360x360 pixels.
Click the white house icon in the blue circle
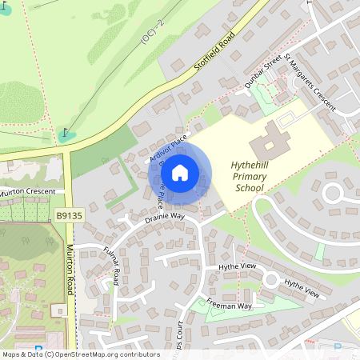(180, 172)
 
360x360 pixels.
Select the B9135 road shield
(70, 215)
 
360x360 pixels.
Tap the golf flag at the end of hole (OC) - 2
(66, 132)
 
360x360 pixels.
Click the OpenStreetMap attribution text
(80, 354)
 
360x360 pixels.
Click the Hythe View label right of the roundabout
(302, 289)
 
